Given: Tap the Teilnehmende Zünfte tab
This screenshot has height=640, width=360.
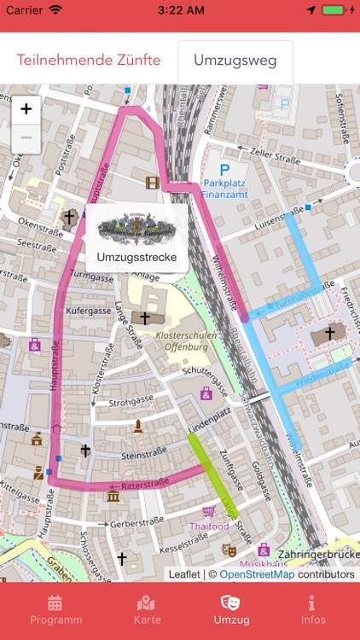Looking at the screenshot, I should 88,61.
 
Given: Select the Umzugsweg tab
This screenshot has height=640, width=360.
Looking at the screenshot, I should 235,61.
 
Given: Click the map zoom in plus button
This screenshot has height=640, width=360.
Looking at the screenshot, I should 26,109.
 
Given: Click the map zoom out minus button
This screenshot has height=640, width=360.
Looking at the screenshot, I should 26,137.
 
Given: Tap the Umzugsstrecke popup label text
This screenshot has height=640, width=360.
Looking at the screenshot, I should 136,257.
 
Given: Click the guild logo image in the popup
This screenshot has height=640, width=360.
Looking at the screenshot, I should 136,228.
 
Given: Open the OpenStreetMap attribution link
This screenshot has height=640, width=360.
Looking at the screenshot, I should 257,574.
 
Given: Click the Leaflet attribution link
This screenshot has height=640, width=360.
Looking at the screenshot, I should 183,574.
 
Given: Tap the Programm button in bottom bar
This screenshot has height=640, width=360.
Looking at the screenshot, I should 56,610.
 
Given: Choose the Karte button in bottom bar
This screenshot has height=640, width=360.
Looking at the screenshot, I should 147,610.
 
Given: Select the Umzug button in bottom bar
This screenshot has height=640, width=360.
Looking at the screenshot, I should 231,610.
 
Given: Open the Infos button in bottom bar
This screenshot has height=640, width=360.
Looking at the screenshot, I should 313,610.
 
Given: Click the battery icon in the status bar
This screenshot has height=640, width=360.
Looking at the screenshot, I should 334,10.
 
